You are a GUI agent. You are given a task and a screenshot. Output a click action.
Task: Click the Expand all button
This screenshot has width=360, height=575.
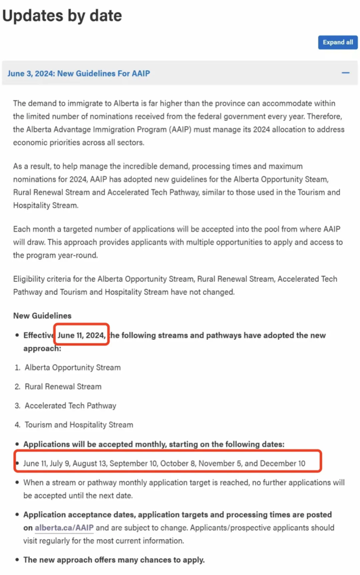click(338, 42)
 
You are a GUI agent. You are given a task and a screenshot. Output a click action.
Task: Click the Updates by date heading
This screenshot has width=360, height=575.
click(62, 16)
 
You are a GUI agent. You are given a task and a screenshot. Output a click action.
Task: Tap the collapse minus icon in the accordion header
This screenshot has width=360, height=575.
click(346, 73)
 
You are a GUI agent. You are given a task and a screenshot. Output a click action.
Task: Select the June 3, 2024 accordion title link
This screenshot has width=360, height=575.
click(79, 74)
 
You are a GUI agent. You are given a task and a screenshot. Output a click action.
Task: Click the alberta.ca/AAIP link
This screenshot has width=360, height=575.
click(64, 527)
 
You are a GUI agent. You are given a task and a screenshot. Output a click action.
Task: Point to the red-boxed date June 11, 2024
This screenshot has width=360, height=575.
click(81, 335)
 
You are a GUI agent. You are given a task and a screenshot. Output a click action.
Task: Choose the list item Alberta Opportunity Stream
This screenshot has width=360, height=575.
click(72, 367)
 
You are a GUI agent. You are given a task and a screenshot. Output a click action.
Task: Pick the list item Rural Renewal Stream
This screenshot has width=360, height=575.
click(63, 386)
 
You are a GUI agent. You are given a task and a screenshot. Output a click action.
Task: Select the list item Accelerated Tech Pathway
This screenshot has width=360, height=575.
click(70, 405)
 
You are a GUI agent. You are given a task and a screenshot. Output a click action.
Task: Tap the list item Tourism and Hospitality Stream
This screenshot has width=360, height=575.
click(79, 425)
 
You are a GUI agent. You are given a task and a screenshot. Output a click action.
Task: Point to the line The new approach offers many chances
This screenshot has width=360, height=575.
click(114, 559)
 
